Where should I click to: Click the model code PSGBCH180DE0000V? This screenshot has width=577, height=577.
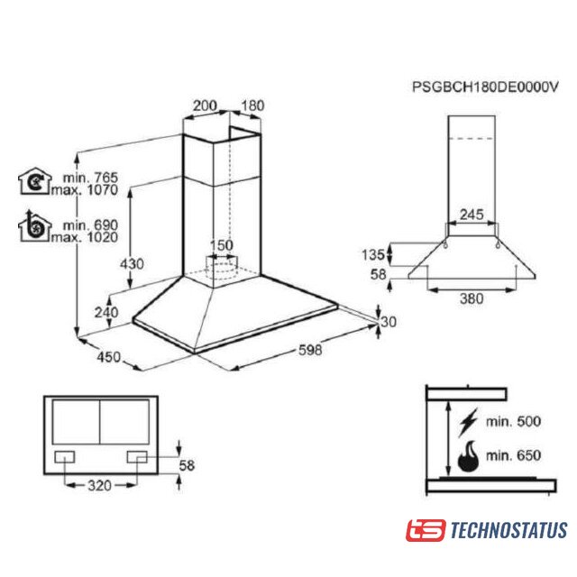(x=485, y=87)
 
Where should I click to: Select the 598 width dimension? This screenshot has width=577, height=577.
(x=310, y=350)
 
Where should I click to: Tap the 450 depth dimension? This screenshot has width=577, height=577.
(x=109, y=357)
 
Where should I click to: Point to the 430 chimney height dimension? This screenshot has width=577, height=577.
(x=133, y=264)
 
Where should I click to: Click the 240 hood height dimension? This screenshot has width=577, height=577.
(x=106, y=313)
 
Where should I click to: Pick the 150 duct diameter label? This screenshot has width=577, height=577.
(x=222, y=245)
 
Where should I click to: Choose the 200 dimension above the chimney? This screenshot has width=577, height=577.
(x=205, y=105)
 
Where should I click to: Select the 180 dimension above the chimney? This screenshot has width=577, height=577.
(x=252, y=105)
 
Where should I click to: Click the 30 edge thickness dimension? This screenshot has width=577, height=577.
(x=389, y=322)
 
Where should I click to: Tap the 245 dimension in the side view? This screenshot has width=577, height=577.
(x=472, y=215)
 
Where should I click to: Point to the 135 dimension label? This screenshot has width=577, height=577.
(x=373, y=254)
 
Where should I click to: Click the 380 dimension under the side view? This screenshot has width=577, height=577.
(x=472, y=298)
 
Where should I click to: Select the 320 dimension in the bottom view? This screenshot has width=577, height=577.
(x=99, y=486)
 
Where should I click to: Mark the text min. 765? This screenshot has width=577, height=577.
(x=90, y=178)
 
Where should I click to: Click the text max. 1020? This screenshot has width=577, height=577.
(x=85, y=237)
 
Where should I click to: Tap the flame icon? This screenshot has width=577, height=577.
(x=469, y=455)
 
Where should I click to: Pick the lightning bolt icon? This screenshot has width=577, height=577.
(x=468, y=422)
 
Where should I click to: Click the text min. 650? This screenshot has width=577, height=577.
(x=513, y=455)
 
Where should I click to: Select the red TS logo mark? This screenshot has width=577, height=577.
(x=426, y=530)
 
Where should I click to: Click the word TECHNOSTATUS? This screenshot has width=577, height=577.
(x=508, y=530)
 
